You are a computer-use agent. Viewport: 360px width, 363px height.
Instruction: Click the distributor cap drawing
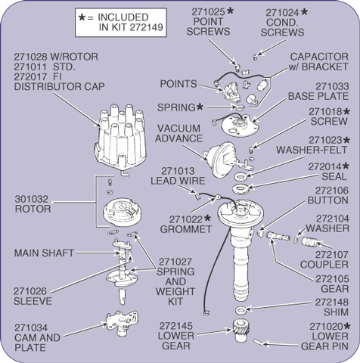(x=121, y=138)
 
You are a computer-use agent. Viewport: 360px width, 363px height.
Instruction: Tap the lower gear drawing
(x=241, y=330)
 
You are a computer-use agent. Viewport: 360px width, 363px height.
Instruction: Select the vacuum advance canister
(x=222, y=160)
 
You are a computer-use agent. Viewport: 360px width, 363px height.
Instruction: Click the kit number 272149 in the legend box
(x=146, y=27)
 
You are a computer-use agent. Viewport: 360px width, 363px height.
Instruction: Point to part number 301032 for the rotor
(x=31, y=199)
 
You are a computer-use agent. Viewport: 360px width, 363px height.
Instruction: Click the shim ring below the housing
(x=241, y=310)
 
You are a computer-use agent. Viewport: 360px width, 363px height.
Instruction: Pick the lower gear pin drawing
(x=258, y=342)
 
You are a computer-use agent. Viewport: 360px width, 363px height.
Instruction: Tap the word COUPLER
(x=324, y=265)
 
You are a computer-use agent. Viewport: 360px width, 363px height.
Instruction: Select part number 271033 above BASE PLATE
(x=332, y=86)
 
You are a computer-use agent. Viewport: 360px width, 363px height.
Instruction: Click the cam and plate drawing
(x=123, y=322)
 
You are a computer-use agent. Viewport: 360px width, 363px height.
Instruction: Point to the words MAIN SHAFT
(x=44, y=253)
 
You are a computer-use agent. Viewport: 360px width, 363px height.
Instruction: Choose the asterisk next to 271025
(x=230, y=11)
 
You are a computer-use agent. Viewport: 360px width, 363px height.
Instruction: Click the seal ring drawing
(x=241, y=189)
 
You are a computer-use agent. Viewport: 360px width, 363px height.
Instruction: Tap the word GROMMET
(x=186, y=229)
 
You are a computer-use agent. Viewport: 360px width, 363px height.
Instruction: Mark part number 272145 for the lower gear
(x=175, y=326)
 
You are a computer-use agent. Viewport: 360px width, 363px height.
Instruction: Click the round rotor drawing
(x=123, y=212)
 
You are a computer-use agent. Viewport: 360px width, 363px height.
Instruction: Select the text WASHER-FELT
(x=312, y=150)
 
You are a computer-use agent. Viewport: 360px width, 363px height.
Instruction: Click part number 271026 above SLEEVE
(x=30, y=291)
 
